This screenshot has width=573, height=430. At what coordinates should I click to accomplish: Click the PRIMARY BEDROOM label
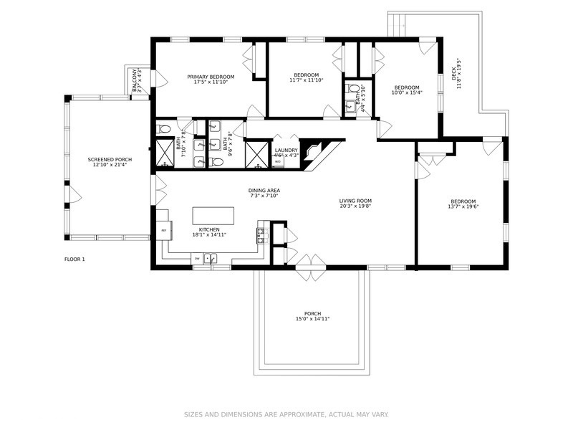pos(211,77)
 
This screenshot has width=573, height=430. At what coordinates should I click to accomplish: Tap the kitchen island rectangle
pos(213,216)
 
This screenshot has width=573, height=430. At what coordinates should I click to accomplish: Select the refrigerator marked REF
pos(163,231)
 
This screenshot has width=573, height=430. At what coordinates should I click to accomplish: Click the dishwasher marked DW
pos(196,259)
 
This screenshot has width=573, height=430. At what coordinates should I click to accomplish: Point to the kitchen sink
pos(210,259)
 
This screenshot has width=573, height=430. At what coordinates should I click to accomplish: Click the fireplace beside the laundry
pos(312,152)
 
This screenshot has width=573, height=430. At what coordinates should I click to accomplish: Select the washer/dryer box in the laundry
pos(278,162)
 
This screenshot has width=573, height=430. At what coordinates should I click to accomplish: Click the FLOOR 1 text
pos(74,259)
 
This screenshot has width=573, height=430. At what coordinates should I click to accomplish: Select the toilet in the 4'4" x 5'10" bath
pos(352,90)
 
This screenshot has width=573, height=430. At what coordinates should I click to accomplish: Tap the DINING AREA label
pos(264,190)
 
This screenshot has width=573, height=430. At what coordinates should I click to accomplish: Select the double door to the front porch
pos(309,262)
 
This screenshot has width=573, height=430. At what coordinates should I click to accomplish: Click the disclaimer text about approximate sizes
pos(286,414)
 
